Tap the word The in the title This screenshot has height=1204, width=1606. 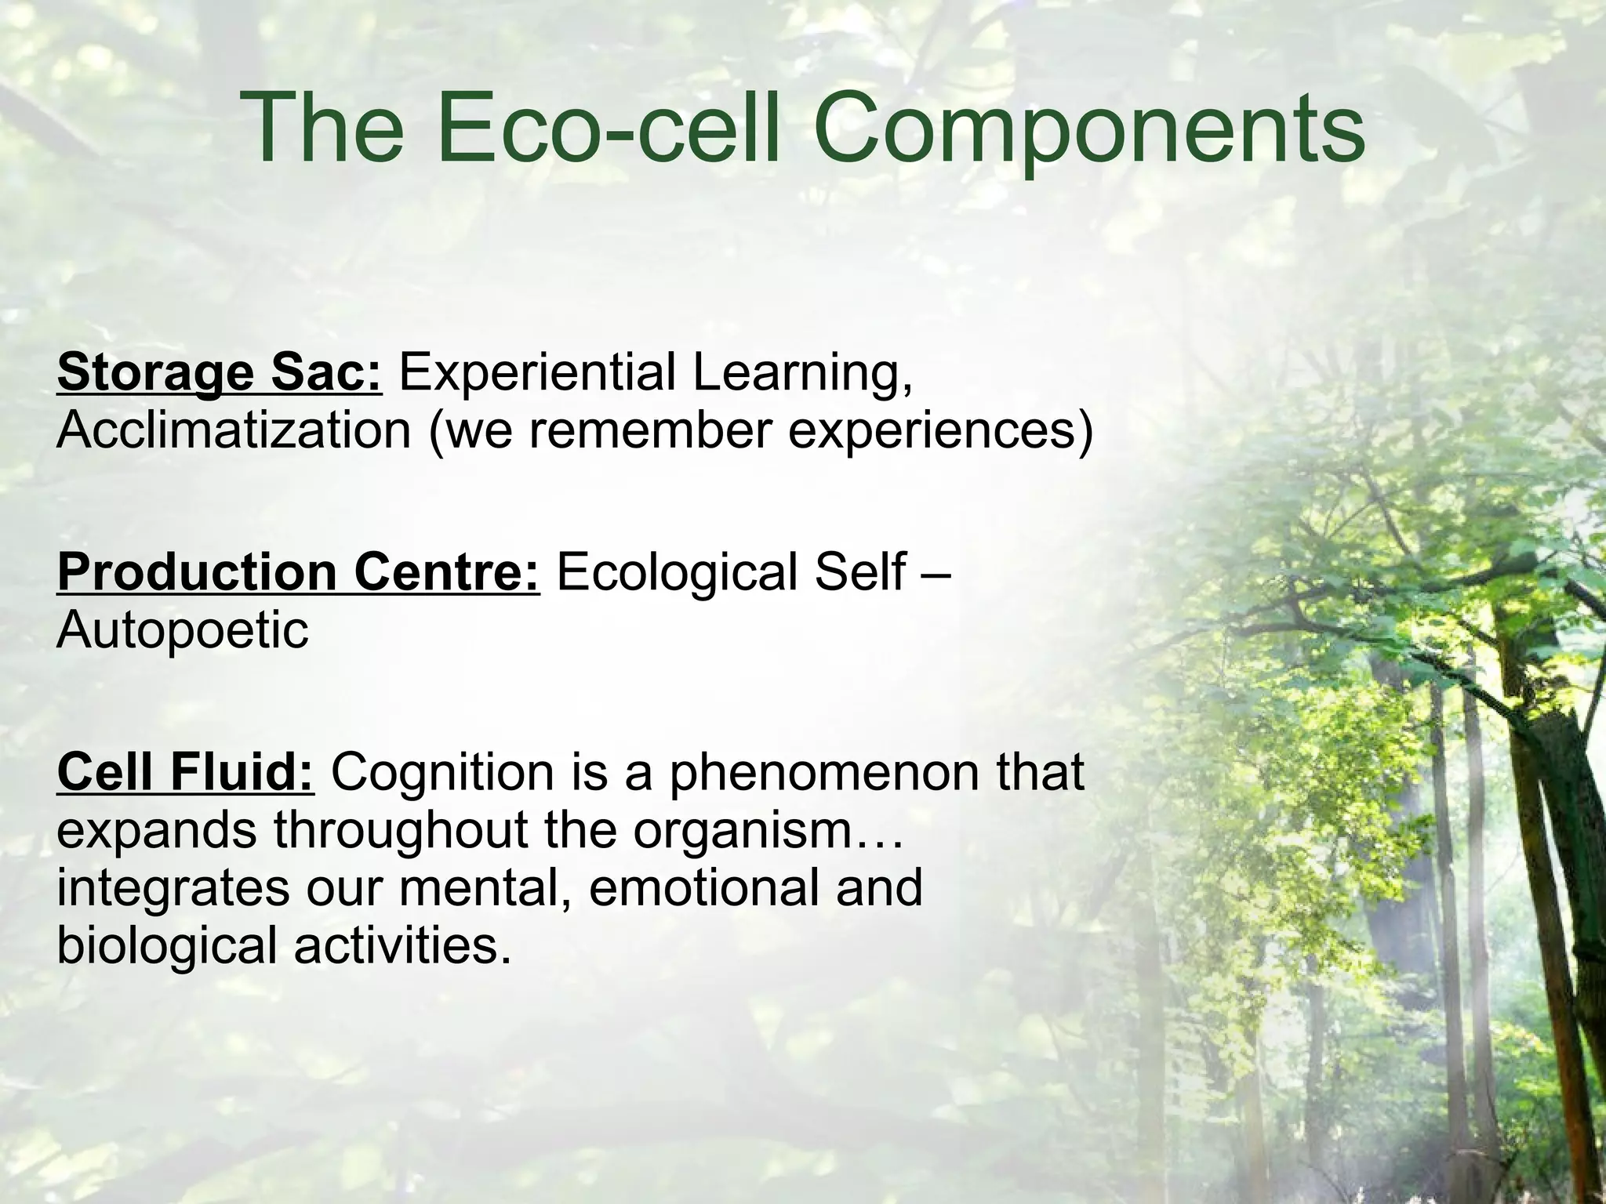322,129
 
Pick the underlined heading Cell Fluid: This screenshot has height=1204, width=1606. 185,771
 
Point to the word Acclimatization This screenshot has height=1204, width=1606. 234,430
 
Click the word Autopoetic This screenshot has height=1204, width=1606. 183,631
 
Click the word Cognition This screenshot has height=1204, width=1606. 442,771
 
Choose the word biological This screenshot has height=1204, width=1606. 166,945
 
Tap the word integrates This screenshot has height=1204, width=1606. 173,889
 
